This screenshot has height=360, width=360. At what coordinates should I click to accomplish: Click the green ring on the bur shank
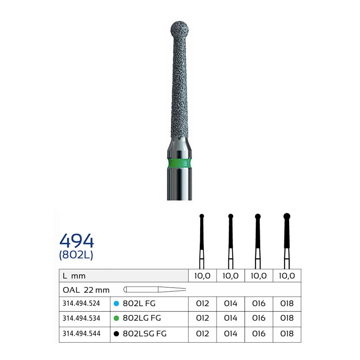180,163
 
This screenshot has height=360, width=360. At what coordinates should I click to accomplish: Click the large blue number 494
77,240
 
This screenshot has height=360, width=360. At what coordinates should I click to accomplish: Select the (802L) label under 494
76,255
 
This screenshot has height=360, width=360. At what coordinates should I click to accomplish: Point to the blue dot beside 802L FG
116,303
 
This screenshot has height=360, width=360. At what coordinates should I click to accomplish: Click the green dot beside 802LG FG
116,318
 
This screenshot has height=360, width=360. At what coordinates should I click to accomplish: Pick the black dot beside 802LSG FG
116,334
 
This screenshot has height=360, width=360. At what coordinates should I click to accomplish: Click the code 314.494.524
81,303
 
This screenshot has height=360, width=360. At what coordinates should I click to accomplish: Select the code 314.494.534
81,318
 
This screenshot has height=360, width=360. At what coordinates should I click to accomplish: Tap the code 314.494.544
81,334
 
